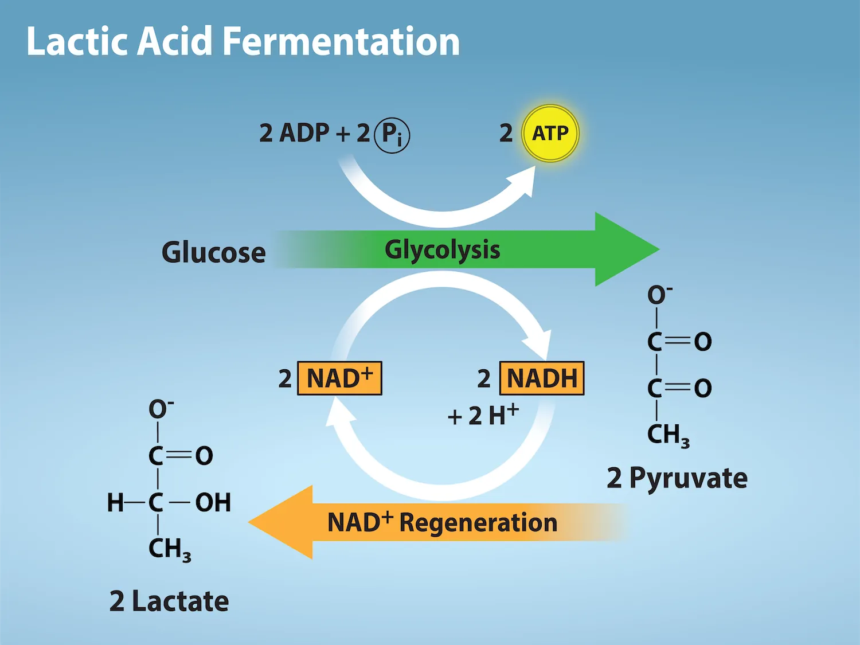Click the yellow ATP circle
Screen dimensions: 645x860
550,134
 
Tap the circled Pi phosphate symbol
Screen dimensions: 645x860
392,135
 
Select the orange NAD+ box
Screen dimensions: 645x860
339,378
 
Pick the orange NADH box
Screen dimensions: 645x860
542,378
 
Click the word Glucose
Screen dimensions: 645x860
213,252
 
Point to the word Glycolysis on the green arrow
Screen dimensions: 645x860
442,250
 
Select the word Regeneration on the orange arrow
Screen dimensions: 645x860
478,523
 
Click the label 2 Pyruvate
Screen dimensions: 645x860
677,478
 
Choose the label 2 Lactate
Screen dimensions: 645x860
169,601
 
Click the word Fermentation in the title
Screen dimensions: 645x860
341,42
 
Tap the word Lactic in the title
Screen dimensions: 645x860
77,42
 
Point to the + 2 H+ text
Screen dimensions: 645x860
483,415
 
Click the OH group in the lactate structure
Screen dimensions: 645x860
213,503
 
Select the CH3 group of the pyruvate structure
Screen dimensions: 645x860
667,435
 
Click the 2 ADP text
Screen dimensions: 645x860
294,133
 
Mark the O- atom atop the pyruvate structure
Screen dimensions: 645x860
659,295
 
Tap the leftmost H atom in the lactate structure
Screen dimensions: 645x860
115,503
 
